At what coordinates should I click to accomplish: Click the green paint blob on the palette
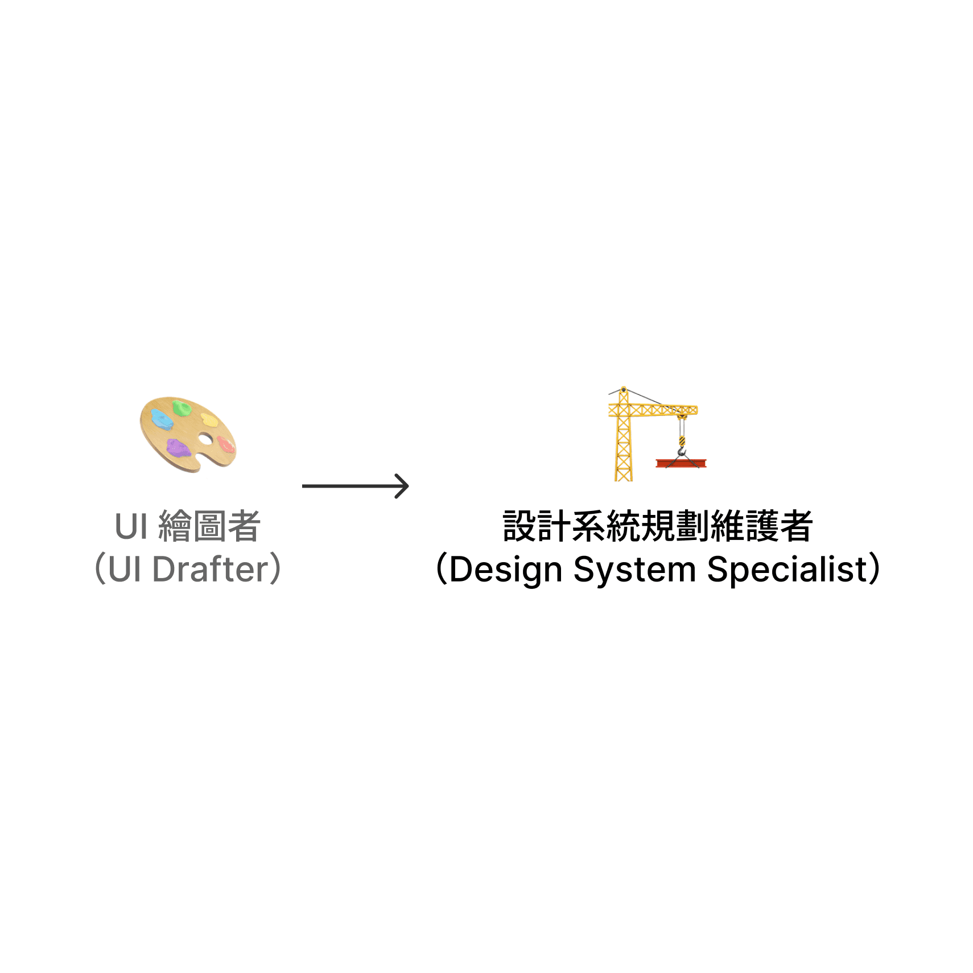(x=182, y=407)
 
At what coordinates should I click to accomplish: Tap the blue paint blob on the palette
(x=162, y=419)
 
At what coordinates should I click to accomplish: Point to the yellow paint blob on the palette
(x=210, y=420)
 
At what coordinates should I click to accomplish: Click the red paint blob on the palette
(x=226, y=444)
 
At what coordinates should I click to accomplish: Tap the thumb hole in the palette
(x=205, y=439)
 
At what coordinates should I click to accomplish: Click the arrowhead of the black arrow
(x=403, y=486)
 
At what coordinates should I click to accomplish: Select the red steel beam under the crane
(x=681, y=463)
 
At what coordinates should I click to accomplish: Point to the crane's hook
(x=682, y=451)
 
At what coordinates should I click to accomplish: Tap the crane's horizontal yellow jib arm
(x=660, y=410)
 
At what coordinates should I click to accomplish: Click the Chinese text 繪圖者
(x=209, y=526)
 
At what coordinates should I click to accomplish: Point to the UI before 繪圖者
(x=131, y=526)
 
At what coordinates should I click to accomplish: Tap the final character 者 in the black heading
(x=795, y=526)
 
